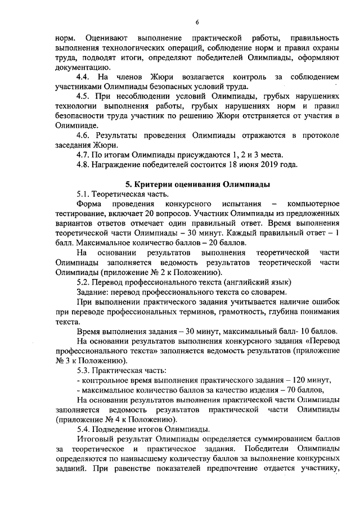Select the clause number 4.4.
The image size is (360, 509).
pos(84,77)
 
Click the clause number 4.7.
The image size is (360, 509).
pos(84,155)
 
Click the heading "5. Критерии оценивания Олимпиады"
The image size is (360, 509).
pos(197,184)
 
